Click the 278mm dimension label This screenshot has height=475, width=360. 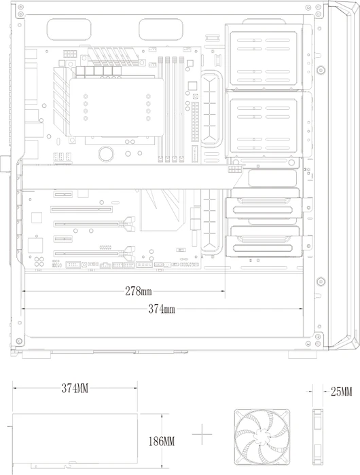point(139,291)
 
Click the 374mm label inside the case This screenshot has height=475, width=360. point(162,309)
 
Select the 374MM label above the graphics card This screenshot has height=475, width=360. point(75,388)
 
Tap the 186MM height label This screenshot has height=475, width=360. point(162,441)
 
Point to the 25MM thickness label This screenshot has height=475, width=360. point(341,392)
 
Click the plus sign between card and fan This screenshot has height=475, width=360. point(202,435)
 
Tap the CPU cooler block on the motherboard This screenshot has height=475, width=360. point(117,107)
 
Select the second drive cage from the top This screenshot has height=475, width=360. point(264,124)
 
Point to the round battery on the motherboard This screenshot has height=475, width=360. point(106,153)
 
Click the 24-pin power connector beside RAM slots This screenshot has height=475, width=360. point(195,121)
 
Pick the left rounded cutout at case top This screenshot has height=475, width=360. point(69,28)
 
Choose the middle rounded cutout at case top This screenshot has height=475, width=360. point(161,28)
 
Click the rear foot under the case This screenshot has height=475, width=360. point(36,354)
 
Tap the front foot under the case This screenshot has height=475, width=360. point(302,354)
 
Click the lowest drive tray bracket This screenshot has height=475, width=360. point(268,246)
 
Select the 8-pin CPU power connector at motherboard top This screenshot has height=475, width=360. point(70,54)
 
